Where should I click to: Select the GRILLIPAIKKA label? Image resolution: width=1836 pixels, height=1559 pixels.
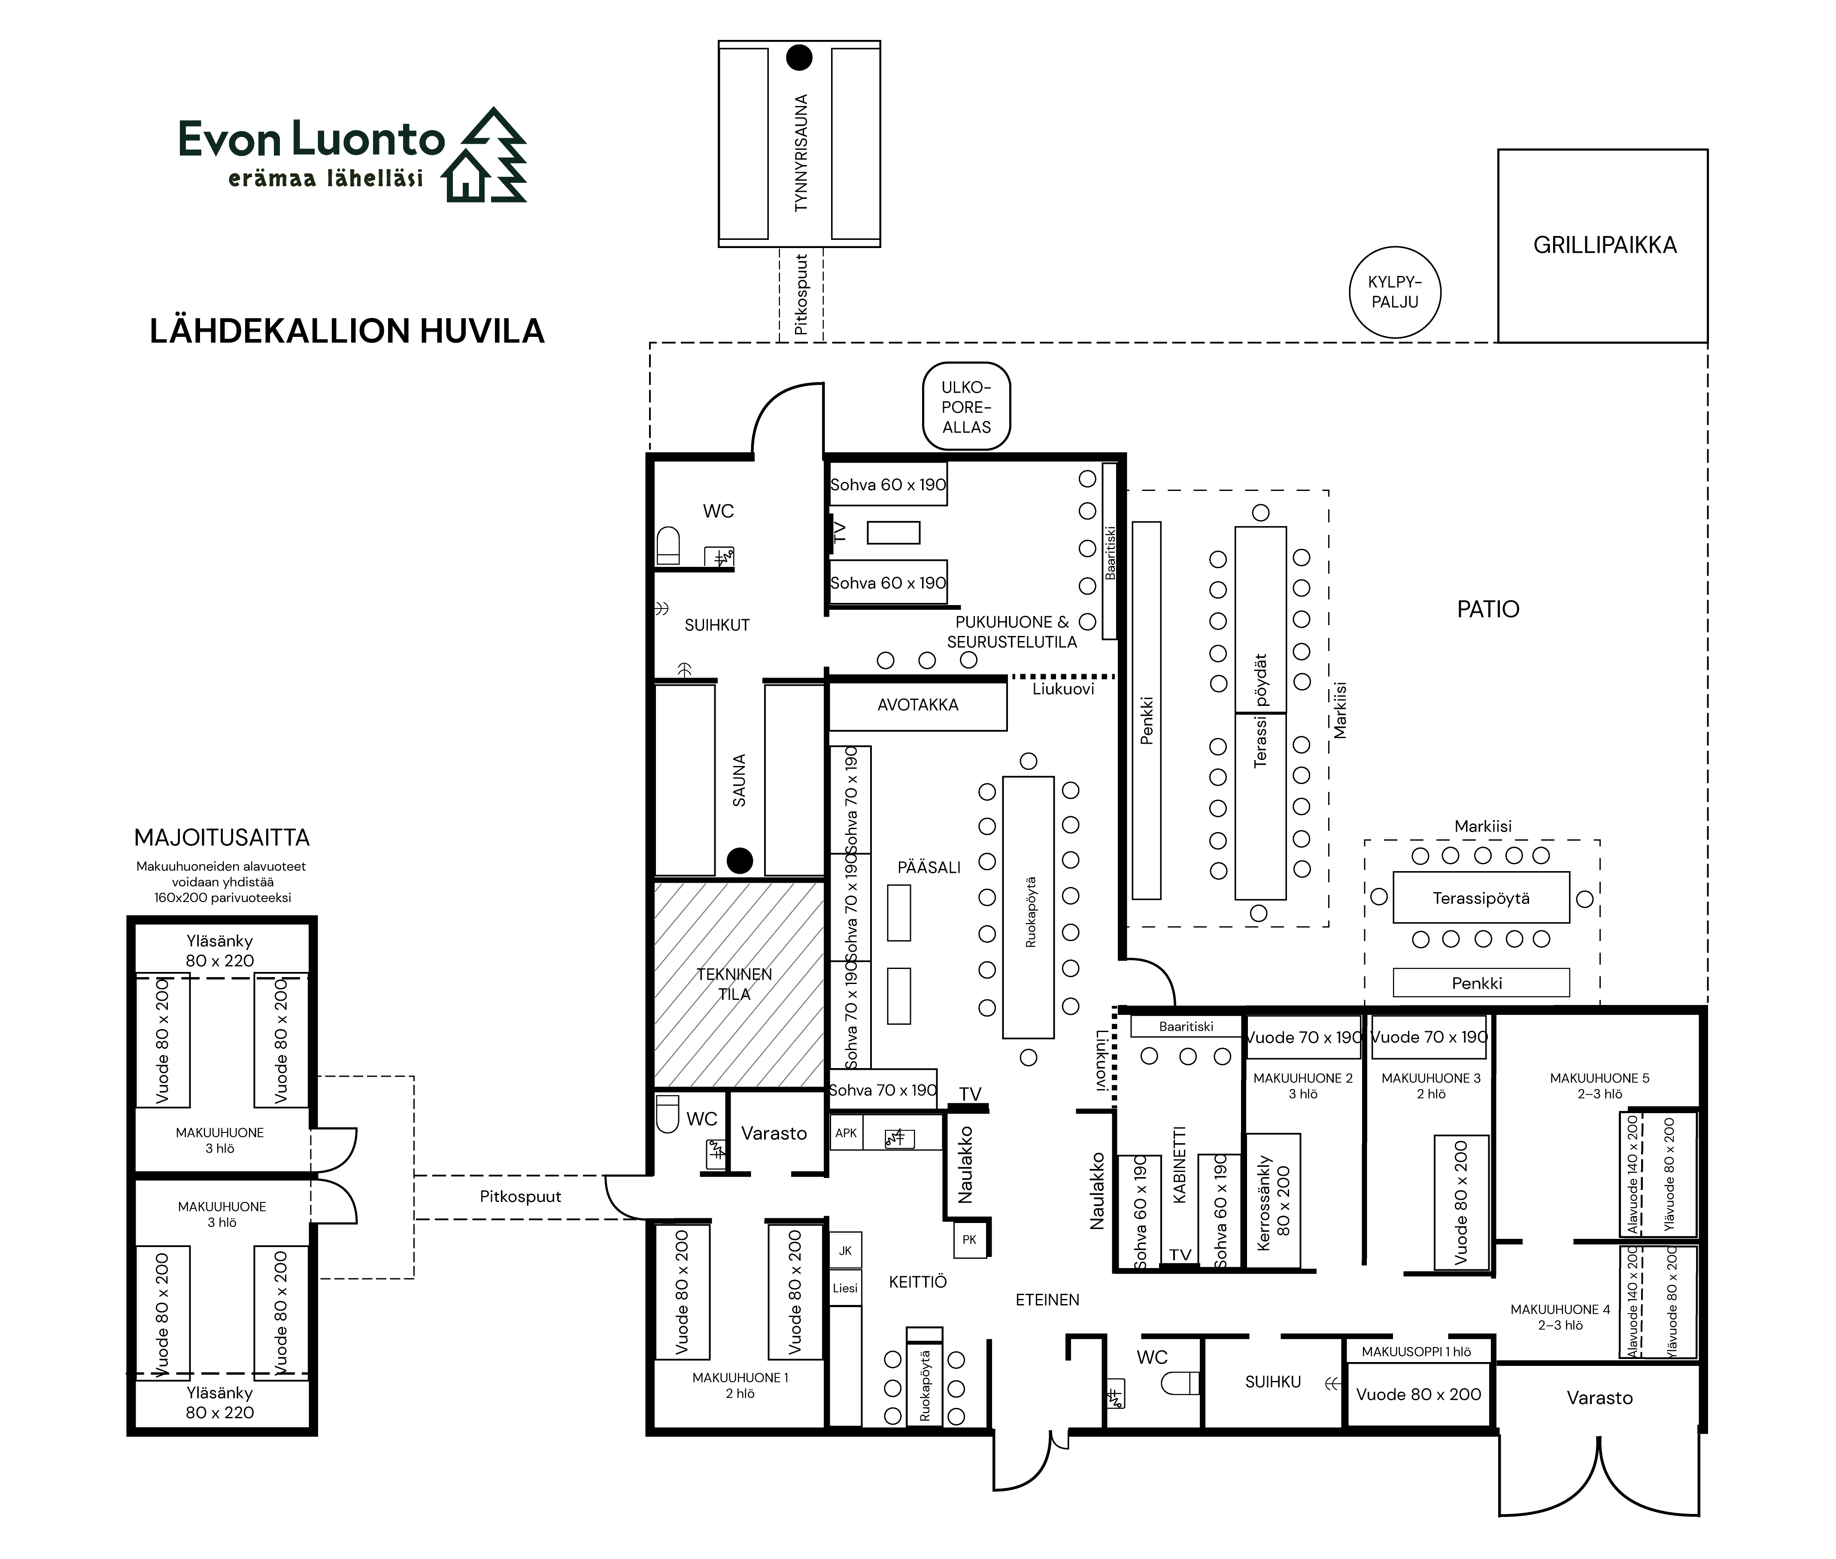pos(1604,245)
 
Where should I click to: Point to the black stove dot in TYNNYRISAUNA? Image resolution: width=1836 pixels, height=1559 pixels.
pos(799,58)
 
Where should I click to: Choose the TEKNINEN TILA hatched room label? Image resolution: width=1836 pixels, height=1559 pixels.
pos(734,984)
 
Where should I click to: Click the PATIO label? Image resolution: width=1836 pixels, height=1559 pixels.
pos(1488,609)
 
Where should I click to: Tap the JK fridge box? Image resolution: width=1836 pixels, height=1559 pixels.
pos(845,1250)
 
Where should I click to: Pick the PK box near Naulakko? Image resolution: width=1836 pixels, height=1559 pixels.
pos(970,1239)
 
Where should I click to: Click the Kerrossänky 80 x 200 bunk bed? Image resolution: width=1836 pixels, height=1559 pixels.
pos(1273,1200)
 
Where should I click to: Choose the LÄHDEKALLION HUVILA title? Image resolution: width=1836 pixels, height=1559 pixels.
pos(346,330)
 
